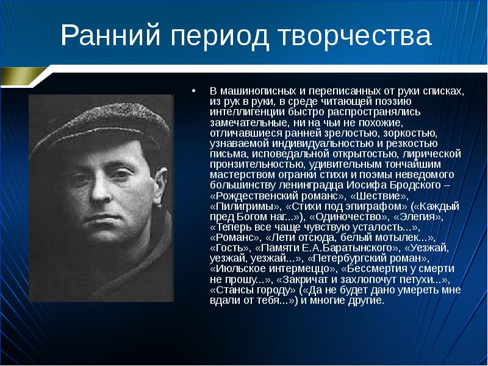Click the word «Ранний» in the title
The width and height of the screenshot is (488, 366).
point(110,35)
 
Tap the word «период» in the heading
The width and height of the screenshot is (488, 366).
point(219,37)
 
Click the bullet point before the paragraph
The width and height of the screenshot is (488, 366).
point(193,91)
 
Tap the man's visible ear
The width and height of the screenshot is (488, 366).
point(160,187)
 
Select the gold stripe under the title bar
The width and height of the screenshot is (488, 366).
point(23,76)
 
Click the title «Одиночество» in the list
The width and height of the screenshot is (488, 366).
point(349,217)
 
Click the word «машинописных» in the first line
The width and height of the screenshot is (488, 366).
point(258,91)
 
